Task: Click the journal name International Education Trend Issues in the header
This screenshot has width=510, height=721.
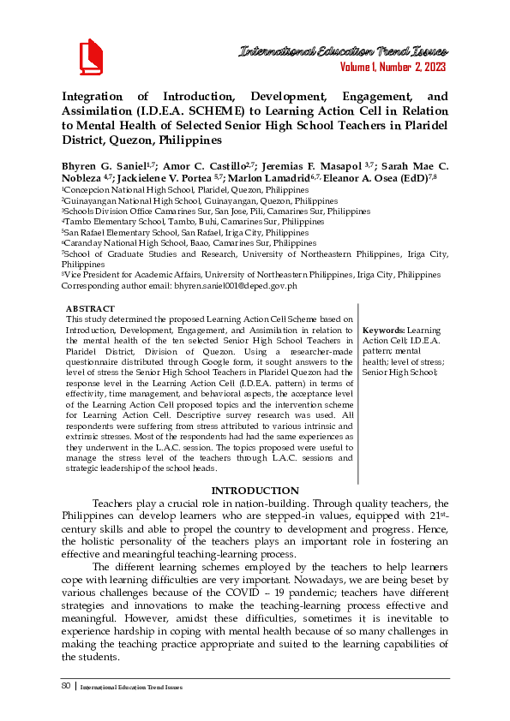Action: tap(341, 52)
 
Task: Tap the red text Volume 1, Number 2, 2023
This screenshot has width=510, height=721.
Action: tap(392, 68)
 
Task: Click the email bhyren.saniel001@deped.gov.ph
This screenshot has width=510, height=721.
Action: tap(239, 285)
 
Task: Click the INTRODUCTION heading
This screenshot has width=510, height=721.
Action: tap(255, 491)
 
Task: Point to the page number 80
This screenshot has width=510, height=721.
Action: tap(67, 686)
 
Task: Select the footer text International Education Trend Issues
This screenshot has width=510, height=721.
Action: tap(131, 687)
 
